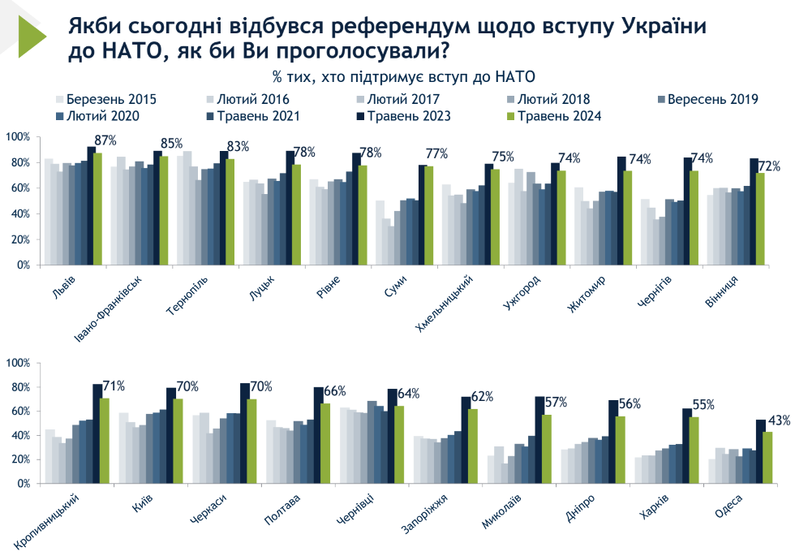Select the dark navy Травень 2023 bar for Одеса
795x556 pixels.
pos(759,451)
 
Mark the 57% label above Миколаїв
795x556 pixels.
pos(554,403)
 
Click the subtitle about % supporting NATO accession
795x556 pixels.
pos(405,77)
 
